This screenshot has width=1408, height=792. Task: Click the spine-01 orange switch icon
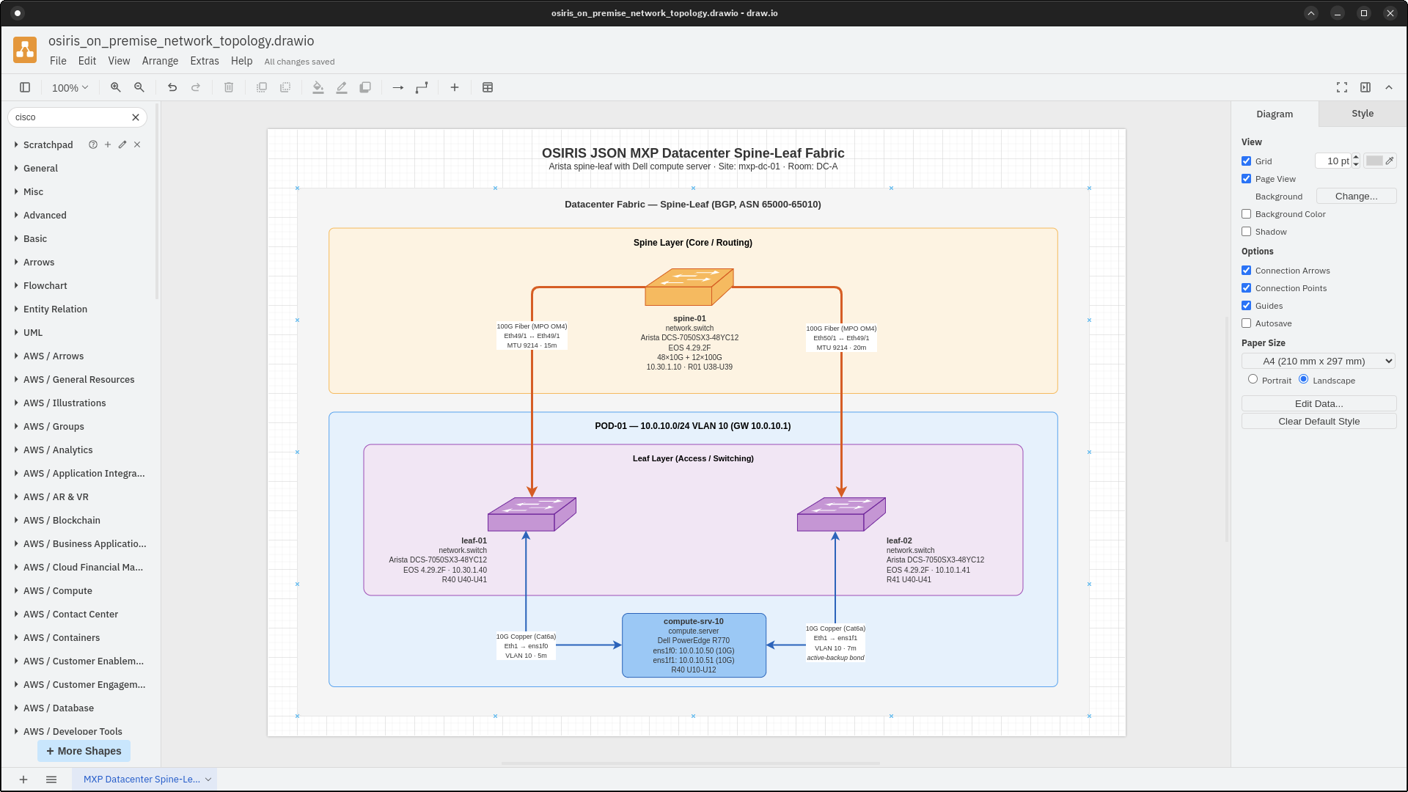point(688,287)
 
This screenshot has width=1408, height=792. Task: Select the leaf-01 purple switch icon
point(531,515)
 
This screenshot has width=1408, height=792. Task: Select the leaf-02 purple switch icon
point(840,515)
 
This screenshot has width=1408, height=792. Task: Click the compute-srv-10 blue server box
point(694,645)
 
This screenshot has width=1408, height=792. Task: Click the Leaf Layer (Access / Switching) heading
point(693,458)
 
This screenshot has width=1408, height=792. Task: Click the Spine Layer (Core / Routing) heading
point(692,243)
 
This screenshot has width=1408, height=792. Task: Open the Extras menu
point(204,61)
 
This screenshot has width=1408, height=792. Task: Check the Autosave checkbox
point(1246,323)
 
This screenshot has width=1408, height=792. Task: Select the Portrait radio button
point(1253,379)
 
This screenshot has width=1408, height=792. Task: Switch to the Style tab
point(1362,114)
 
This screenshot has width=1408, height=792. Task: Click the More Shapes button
point(84,751)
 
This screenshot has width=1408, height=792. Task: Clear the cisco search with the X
point(136,117)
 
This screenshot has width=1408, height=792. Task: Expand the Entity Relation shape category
point(55,309)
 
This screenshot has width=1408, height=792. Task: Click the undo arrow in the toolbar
point(172,87)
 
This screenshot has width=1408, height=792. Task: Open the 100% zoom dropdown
point(70,87)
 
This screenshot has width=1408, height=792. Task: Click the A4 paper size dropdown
point(1318,361)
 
